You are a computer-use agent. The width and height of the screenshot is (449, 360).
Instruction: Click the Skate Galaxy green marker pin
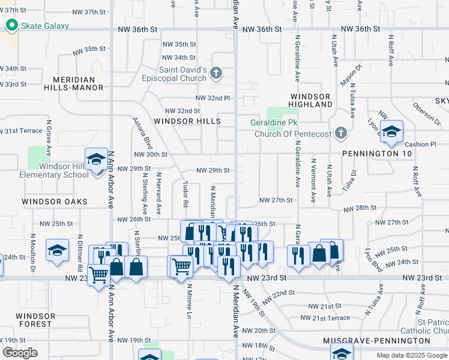pos(11,26)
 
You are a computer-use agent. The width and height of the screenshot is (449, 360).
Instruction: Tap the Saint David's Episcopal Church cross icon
pos(217,74)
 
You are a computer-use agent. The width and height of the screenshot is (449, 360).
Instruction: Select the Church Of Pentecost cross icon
pos(340,133)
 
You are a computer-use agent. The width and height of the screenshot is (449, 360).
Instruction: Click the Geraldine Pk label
pos(273,124)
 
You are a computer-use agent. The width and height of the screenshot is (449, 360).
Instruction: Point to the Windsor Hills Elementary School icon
pos(96,160)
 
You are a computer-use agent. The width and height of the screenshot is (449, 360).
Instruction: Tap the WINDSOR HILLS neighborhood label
pos(187,121)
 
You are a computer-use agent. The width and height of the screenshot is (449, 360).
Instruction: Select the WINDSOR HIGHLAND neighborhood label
pos(311,100)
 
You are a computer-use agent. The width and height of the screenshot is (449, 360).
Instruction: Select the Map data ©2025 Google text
pos(412,355)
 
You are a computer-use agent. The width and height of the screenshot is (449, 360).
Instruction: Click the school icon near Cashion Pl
pos(391,133)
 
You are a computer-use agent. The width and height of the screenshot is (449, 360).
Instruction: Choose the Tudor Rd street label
pos(185,191)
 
